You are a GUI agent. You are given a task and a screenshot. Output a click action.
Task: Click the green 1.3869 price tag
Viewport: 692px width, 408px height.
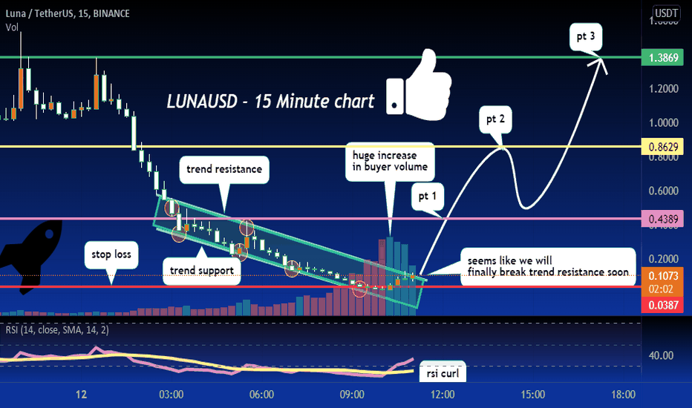coord(662,57)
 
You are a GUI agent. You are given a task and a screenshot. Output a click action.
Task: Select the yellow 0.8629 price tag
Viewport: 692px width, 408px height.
coord(662,146)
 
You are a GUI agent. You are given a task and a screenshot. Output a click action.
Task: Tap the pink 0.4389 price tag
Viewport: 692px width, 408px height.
coord(662,219)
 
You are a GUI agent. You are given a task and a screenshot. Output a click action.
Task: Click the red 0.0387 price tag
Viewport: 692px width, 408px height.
coord(662,305)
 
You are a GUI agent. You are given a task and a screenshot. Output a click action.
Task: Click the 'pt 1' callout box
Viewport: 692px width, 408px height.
coord(427,197)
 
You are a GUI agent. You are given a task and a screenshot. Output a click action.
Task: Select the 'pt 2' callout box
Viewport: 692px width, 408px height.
coord(495,119)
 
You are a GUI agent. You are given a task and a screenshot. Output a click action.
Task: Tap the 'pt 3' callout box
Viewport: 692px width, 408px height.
coord(586,36)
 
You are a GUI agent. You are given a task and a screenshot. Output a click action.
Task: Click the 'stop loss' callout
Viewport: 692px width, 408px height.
coord(111,254)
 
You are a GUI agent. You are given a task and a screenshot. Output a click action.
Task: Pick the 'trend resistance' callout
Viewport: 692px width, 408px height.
coord(223,169)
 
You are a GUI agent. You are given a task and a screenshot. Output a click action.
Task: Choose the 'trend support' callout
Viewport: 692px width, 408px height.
coord(202,270)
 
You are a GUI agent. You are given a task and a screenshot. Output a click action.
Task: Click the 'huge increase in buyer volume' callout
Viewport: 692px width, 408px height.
coord(390,162)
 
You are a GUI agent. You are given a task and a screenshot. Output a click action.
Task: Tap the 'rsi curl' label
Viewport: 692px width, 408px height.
coord(443,373)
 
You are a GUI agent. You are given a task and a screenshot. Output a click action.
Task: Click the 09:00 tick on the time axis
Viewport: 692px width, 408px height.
coord(352,395)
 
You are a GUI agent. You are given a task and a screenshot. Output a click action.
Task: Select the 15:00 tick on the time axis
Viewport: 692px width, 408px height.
coord(532,395)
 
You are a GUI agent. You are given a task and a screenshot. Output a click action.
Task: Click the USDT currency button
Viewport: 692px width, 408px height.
coord(666,13)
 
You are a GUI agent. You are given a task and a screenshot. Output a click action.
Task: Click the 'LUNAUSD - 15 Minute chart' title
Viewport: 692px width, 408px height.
coord(270,102)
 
